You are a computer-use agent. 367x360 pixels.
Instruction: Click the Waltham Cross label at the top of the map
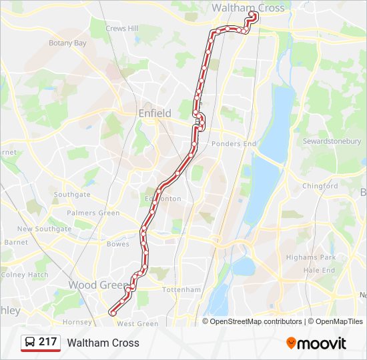click(x=248, y=8)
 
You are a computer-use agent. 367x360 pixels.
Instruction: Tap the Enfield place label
click(x=155, y=113)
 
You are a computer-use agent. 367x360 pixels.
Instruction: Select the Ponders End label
click(x=234, y=143)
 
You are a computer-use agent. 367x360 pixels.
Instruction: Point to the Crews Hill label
click(x=122, y=29)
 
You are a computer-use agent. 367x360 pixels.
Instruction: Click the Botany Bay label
click(x=67, y=43)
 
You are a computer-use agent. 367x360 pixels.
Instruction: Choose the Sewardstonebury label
click(x=332, y=141)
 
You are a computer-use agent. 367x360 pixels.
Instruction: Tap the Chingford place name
click(x=320, y=186)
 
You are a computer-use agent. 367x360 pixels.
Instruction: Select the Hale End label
click(x=319, y=270)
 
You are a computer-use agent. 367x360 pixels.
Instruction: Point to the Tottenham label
click(x=181, y=290)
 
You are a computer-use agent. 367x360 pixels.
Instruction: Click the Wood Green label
click(x=97, y=285)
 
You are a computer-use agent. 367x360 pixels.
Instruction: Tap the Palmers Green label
click(x=93, y=213)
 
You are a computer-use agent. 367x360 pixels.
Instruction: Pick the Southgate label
click(x=72, y=195)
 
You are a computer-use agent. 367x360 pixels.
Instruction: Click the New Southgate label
click(x=44, y=229)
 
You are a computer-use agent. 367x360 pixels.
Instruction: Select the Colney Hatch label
click(x=25, y=274)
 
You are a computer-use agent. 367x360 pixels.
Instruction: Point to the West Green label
click(x=137, y=324)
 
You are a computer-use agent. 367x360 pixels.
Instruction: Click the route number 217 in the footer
click(x=47, y=342)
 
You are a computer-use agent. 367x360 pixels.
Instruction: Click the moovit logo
click(x=316, y=343)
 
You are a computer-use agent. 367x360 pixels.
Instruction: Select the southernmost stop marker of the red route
click(x=112, y=313)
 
